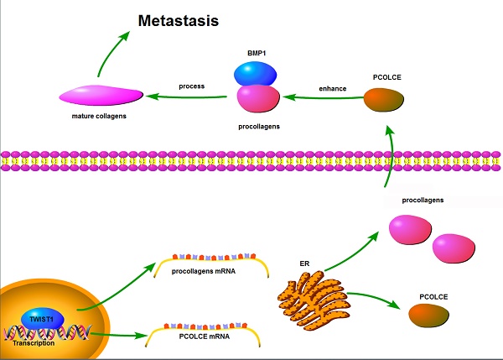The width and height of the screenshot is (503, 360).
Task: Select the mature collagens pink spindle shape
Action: coord(100,96)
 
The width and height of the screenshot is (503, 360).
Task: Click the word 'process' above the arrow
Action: coord(191,86)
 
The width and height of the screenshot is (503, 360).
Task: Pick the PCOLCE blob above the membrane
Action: coord(383,100)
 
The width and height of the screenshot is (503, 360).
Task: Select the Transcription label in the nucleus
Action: coord(34,342)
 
